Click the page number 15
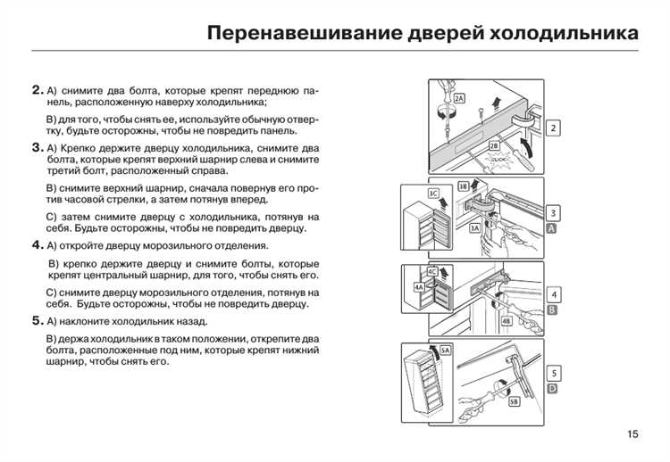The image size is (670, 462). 632,434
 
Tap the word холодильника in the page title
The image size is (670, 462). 565,34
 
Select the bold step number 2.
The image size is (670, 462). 37,90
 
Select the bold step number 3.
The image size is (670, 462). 37,147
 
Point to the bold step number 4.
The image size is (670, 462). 37,245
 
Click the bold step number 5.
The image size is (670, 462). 37,321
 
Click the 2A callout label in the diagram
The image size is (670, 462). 459,98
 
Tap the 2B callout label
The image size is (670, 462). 493,144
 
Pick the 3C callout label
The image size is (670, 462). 433,193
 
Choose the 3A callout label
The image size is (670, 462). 475,229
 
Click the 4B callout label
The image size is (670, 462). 507,320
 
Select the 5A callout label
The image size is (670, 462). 446,351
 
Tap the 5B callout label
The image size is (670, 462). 514,402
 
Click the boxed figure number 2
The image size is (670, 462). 554,128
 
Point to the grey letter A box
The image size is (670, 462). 552,229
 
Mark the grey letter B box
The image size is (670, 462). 552,309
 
